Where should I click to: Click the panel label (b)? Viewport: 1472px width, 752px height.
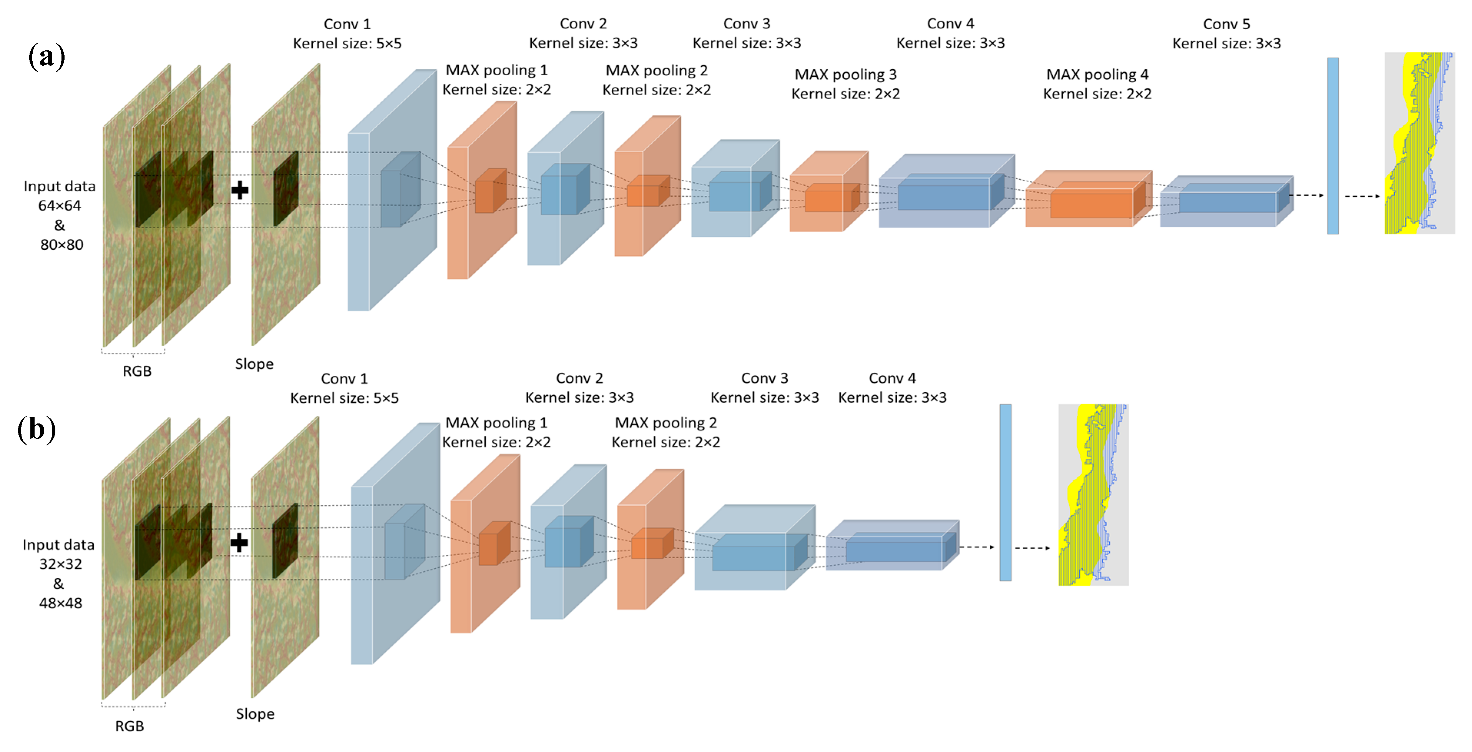pyautogui.click(x=37, y=430)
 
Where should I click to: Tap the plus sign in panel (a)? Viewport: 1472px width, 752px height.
pyautogui.click(x=240, y=190)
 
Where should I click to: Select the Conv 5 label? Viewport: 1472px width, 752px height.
pyautogui.click(x=1226, y=24)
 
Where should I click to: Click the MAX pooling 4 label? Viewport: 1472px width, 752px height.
pyautogui.click(x=1097, y=74)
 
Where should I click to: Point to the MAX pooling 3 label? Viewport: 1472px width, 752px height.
pyautogui.click(x=845, y=74)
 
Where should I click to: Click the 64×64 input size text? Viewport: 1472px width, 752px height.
pyautogui.click(x=60, y=206)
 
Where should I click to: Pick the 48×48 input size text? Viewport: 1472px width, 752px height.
pyautogui.click(x=61, y=603)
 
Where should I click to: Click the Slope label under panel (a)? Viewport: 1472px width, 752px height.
pyautogui.click(x=254, y=364)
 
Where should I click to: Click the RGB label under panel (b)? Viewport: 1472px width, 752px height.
pyautogui.click(x=130, y=726)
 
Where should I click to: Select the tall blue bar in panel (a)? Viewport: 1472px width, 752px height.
pyautogui.click(x=1333, y=146)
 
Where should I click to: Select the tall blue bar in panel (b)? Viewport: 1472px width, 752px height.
pyautogui.click(x=1005, y=493)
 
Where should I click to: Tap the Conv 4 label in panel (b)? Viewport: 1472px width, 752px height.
pyautogui.click(x=892, y=378)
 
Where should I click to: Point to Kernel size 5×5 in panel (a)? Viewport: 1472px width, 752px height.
pyautogui.click(x=347, y=43)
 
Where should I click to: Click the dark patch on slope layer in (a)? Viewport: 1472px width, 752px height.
pyautogui.click(x=286, y=189)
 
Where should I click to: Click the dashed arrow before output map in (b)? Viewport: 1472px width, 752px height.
pyautogui.click(x=1032, y=548)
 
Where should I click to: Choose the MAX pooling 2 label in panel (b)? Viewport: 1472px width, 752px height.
pyautogui.click(x=666, y=423)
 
